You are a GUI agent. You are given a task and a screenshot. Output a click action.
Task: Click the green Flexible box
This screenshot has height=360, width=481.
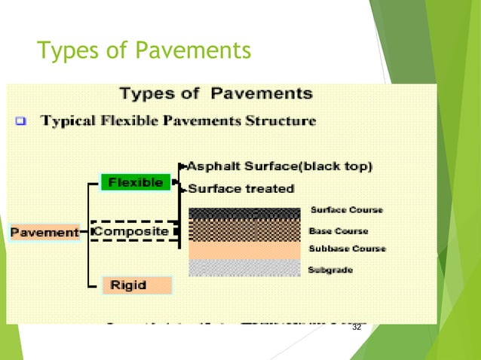tap(136, 182)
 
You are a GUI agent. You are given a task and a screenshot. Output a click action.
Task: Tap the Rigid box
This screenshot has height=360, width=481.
tap(129, 285)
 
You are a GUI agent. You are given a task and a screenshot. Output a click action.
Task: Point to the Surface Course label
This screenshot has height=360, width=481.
tap(346, 210)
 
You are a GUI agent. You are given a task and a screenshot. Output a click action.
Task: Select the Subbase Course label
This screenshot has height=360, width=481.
tap(347, 249)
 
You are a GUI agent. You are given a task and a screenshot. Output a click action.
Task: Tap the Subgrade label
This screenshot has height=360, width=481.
tap(330, 269)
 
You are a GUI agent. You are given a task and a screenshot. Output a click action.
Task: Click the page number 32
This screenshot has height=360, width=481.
tap(357, 328)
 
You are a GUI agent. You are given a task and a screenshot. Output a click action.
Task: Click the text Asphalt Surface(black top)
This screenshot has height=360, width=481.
tap(279, 166)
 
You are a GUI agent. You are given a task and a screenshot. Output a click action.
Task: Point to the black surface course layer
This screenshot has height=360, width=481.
tap(244, 213)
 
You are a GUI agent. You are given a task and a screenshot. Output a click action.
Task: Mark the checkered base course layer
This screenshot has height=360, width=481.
tap(244, 230)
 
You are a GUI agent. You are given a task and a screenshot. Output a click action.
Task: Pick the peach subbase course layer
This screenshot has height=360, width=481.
tap(244, 250)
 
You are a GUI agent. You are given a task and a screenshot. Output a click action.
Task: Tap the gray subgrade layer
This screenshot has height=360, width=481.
tap(244, 267)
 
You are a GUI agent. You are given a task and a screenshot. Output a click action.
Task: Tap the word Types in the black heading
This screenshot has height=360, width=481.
tap(150, 94)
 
